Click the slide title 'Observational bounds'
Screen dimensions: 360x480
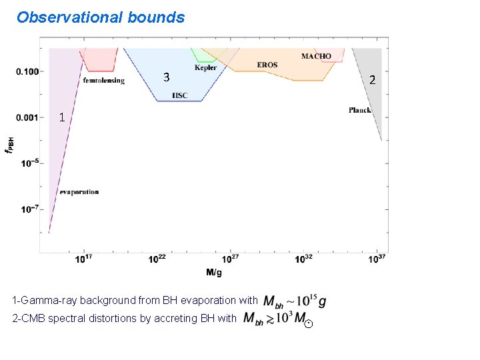tap(101, 17)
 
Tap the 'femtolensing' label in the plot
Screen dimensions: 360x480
tap(104, 81)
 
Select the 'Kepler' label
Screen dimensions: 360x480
tap(205, 67)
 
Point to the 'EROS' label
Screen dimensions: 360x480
tap(267, 65)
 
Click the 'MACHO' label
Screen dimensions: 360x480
tap(316, 56)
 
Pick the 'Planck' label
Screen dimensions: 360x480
tap(360, 110)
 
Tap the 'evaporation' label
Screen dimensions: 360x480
tap(79, 192)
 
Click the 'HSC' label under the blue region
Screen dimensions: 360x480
tap(180, 95)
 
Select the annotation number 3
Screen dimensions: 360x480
tap(167, 77)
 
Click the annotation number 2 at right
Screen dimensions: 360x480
tap(373, 80)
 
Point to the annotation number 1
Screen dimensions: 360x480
tap(61, 117)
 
